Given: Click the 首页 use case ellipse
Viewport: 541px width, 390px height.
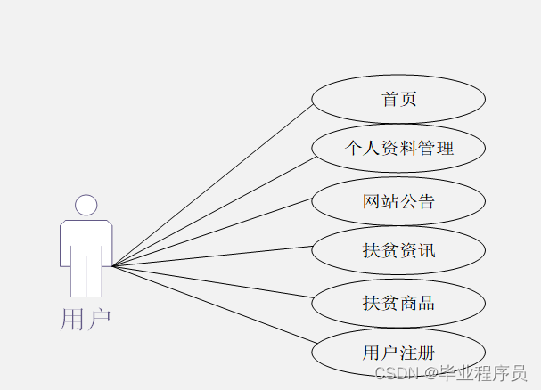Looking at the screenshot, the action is [398, 99].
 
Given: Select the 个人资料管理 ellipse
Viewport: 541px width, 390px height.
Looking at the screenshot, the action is [398, 149].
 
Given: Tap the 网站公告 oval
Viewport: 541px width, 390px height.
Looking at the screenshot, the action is [398, 201].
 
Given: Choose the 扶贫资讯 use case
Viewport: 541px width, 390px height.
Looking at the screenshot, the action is [398, 250].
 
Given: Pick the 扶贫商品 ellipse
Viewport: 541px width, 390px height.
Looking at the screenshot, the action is [398, 303].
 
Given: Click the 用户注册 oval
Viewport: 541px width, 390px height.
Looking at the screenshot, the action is [398, 353].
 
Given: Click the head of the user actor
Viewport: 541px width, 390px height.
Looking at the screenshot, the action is [86, 206].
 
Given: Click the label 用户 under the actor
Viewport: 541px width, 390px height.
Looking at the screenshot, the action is [86, 318].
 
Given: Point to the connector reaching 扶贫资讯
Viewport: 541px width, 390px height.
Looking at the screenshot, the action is [214, 255].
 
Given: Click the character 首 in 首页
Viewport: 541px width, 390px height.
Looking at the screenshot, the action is [389, 99].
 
